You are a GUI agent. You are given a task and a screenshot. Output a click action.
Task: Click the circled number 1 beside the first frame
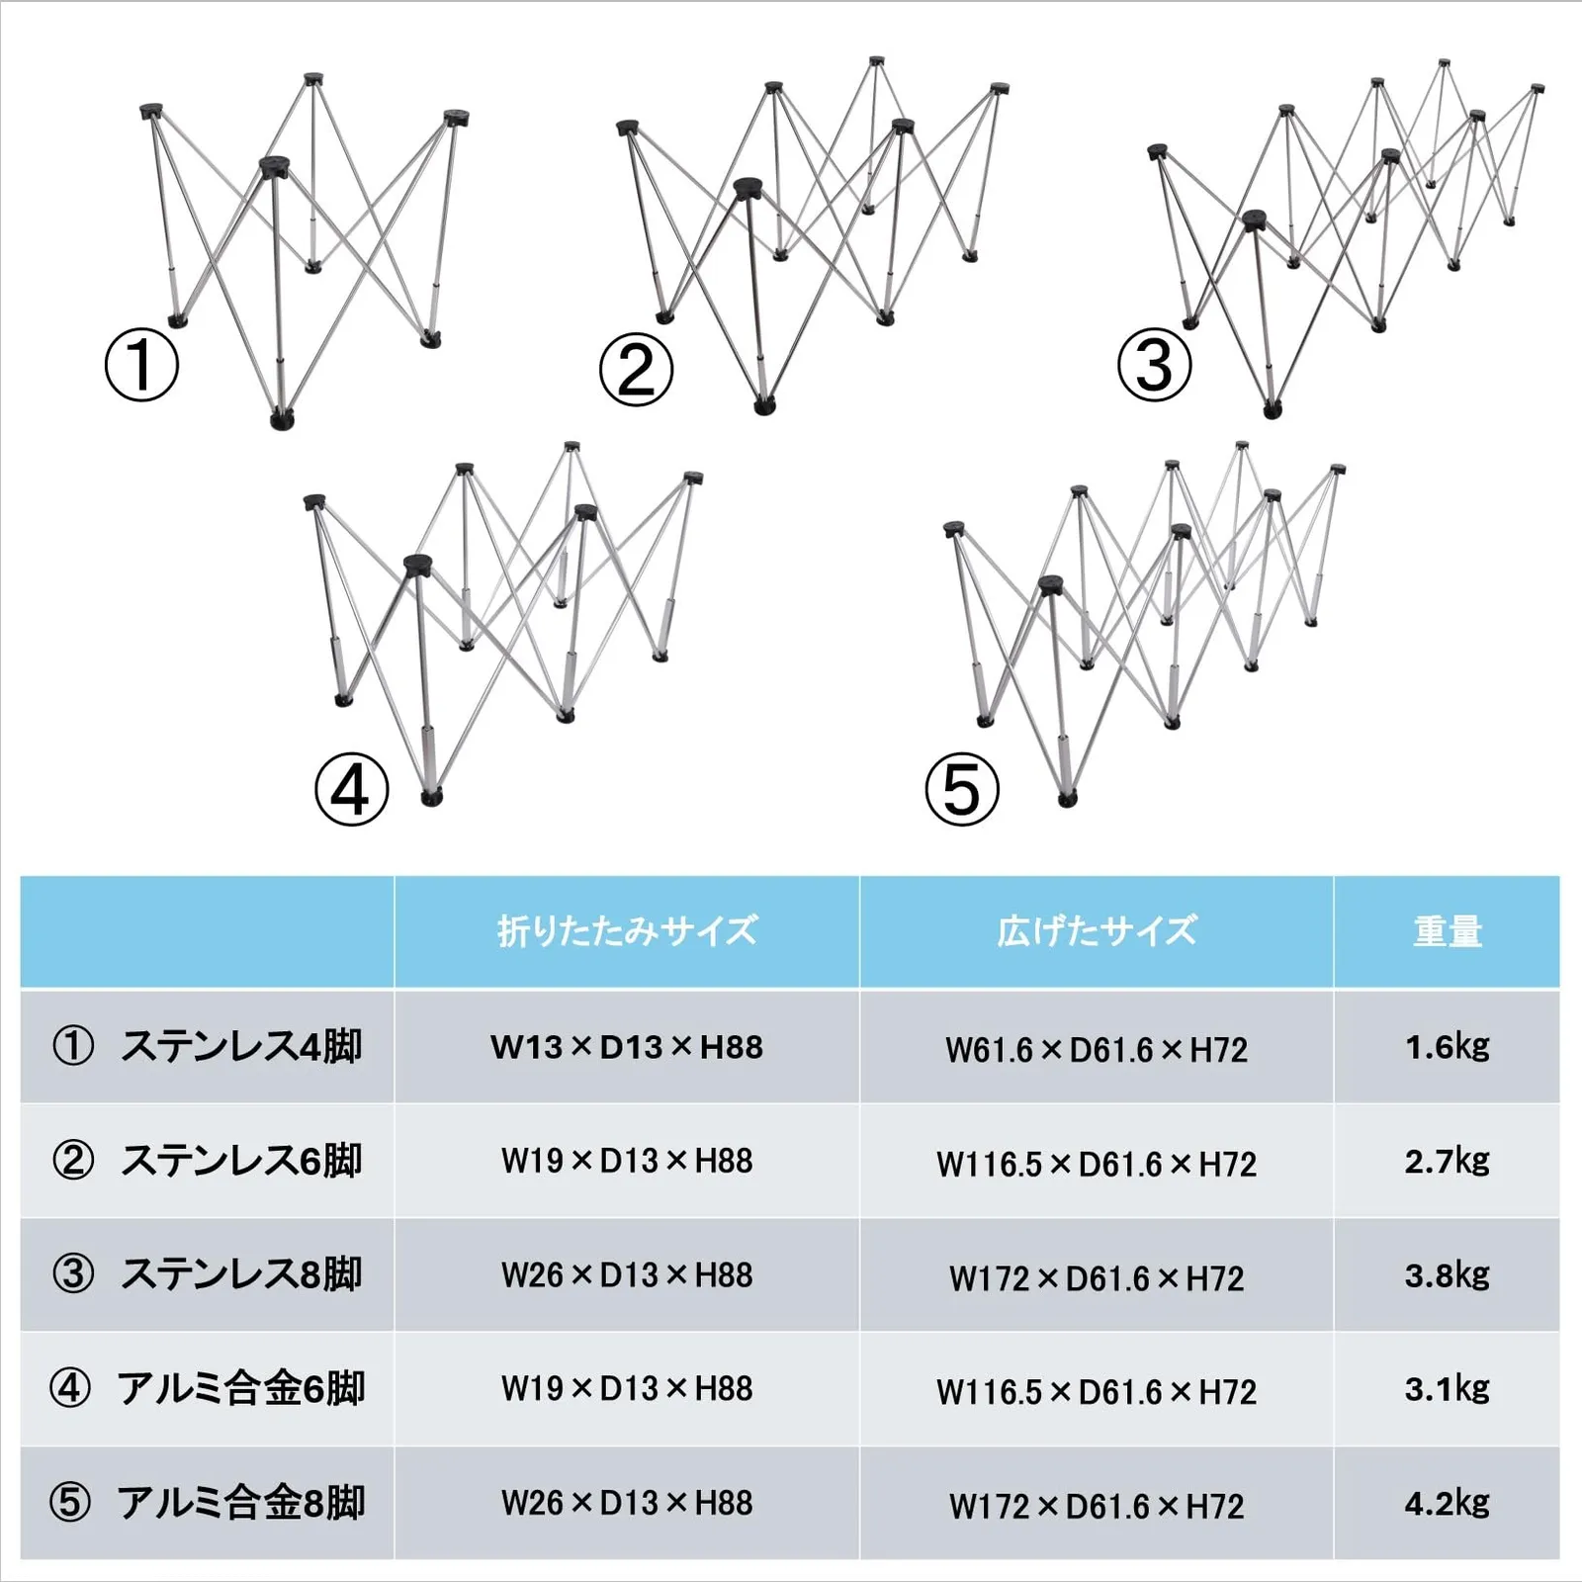[x=141, y=366]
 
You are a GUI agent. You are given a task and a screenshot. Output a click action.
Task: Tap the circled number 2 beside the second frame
[x=636, y=371]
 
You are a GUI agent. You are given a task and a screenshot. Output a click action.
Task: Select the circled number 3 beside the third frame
[x=1154, y=366]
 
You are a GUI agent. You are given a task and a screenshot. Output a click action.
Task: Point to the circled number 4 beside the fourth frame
[x=351, y=790]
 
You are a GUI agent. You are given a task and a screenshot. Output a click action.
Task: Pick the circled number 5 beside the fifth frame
[x=961, y=790]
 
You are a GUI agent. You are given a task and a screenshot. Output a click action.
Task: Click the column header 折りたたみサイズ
[x=627, y=931]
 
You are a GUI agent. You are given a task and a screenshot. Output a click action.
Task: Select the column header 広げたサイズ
[x=1097, y=931]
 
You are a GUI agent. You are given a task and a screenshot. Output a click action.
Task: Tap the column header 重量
[x=1447, y=931]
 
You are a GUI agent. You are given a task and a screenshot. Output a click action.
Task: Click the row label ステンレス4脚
[x=240, y=1046]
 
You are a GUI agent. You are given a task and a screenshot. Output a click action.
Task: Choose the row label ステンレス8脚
[x=240, y=1274]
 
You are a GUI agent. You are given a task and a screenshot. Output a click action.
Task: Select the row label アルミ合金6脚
[x=240, y=1388]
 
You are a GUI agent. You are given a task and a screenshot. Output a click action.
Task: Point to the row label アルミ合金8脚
[x=240, y=1503]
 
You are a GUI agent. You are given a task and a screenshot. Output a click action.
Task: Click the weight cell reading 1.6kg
[x=1447, y=1046]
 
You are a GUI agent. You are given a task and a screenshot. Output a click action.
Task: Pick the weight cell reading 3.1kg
[x=1447, y=1389]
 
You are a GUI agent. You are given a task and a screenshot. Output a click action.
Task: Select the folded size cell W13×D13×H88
[x=627, y=1047]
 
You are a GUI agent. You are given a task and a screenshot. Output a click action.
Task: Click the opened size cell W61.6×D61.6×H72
[x=1097, y=1049]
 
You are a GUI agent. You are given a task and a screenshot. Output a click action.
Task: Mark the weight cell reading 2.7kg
[x=1447, y=1161]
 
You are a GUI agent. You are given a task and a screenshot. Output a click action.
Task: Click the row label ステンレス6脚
[x=240, y=1161]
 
